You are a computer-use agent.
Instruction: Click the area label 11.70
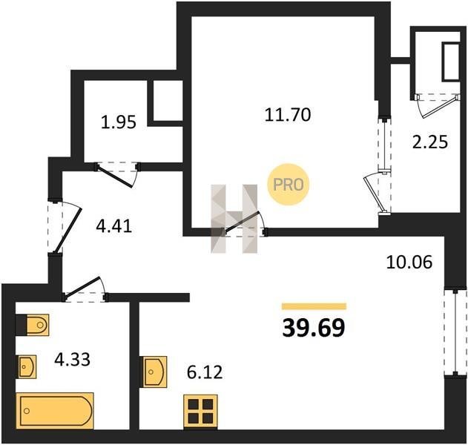point(288,115)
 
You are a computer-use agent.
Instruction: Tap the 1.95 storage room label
point(119,122)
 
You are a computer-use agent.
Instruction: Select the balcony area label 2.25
point(430,142)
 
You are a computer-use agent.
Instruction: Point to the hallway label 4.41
point(113,226)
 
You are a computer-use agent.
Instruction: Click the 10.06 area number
point(409,263)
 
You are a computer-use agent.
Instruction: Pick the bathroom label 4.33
point(72,360)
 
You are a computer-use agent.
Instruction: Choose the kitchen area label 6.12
point(205,372)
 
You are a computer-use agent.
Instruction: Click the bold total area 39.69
point(314,328)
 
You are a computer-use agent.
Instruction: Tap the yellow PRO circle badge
point(289,184)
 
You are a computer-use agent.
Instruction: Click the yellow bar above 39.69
point(314,306)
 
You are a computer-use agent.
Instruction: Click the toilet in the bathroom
point(33,325)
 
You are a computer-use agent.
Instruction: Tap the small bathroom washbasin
point(27,366)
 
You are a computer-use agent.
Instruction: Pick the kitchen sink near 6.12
point(154,372)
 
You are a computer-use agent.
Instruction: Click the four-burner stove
point(200,412)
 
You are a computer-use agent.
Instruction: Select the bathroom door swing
point(85,289)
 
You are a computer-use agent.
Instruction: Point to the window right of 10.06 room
point(455,332)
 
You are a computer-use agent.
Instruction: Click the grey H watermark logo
point(234,219)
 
